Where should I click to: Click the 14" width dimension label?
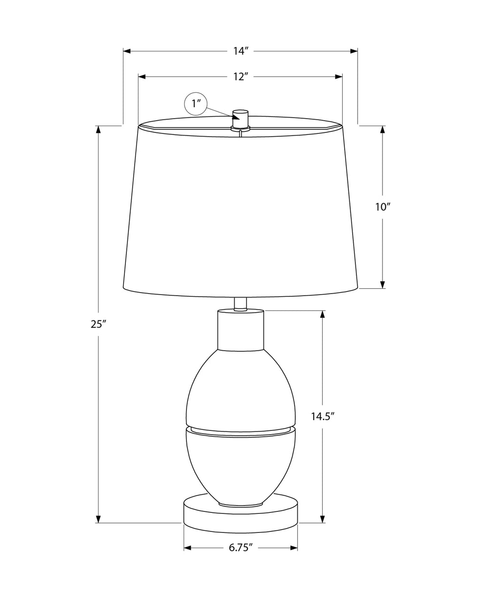coord(241,51)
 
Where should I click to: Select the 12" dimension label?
coord(241,77)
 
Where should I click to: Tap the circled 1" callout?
coord(196,104)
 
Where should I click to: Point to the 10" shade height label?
coord(383,207)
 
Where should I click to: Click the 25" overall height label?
coord(98,324)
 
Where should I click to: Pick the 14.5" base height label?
coord(323,416)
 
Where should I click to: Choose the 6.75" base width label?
coord(241,548)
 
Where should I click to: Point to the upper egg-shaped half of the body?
coord(241,386)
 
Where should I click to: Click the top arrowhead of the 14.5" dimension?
coord(323,314)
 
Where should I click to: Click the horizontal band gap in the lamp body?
coord(241,429)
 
